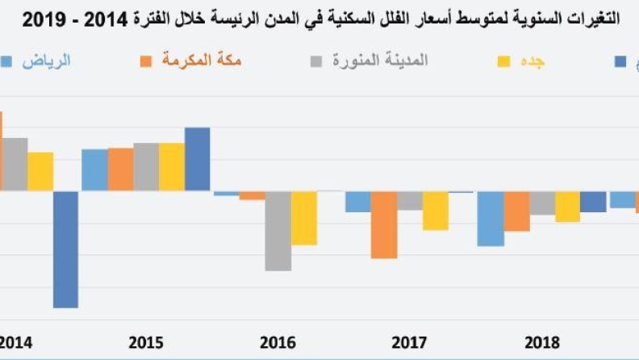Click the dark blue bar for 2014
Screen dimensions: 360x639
click(x=66, y=249)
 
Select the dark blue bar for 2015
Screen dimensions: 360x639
click(x=197, y=159)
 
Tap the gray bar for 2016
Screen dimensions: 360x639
click(x=278, y=231)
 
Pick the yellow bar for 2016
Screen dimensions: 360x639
click(x=303, y=218)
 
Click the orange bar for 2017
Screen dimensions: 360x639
click(x=384, y=225)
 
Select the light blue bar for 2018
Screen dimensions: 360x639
click(x=491, y=219)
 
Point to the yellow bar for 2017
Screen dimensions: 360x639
click(x=435, y=211)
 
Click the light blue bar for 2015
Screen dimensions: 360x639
click(x=94, y=170)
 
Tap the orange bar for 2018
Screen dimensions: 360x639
click(x=516, y=211)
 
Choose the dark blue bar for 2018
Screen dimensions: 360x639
click(x=593, y=202)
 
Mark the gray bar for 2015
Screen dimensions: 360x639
click(x=146, y=167)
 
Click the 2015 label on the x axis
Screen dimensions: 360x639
click(x=146, y=343)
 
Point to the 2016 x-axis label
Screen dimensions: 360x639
click(x=278, y=343)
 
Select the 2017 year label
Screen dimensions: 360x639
click(x=410, y=343)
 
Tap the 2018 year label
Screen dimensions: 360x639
click(x=541, y=343)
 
